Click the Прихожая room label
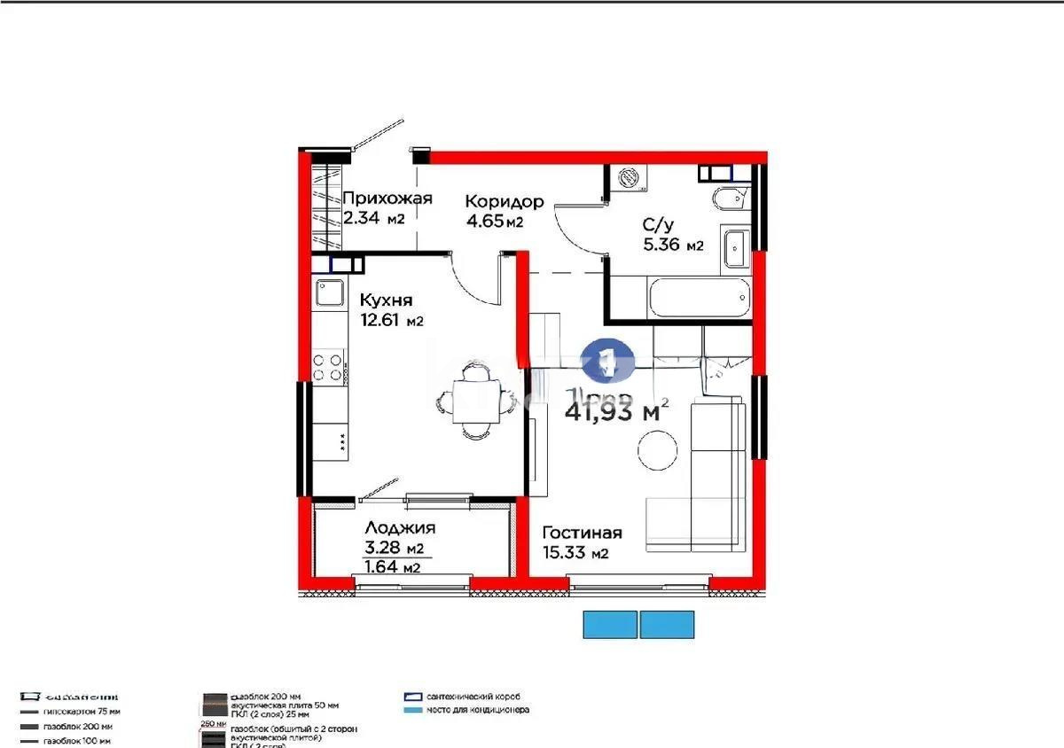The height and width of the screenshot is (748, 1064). (387, 199)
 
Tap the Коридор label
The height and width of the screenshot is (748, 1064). (504, 201)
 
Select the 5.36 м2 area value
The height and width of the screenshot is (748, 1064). (673, 245)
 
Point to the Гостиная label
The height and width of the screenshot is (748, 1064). (582, 533)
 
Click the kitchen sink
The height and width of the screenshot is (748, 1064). (330, 293)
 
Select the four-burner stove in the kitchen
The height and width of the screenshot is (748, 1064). (329, 368)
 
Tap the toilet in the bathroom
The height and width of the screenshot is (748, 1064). (729, 199)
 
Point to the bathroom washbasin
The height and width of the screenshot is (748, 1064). (736, 247)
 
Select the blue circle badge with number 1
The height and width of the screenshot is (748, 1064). (607, 362)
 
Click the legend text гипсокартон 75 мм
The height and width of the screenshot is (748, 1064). (83, 712)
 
